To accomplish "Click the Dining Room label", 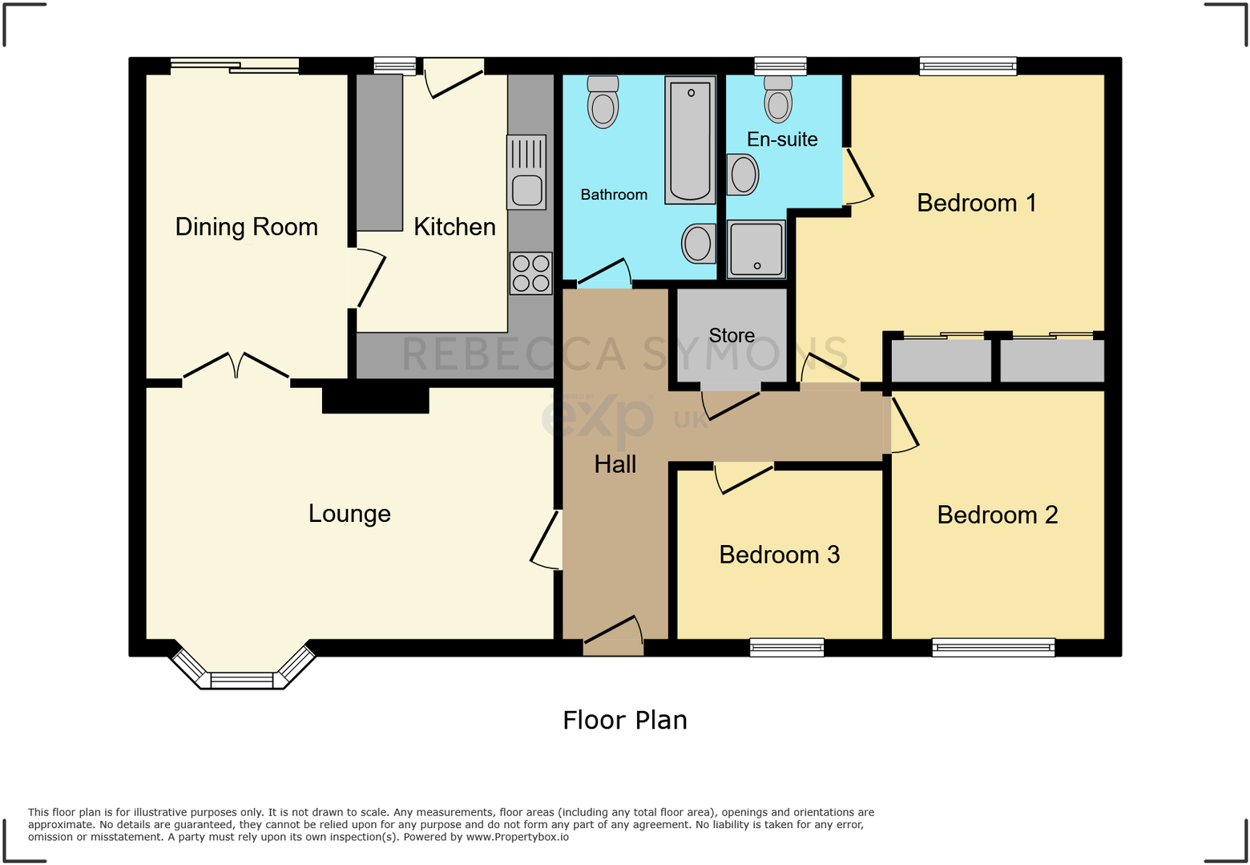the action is point(247,227).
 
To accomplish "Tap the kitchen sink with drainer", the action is point(526,172).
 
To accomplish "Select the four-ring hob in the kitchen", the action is point(530,273).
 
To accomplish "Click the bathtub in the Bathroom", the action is point(690,140).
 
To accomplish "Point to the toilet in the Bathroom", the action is point(603,102).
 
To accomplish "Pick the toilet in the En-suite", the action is point(778,99).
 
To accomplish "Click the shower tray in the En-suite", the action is point(756,249).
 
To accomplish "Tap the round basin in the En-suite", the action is point(743,174).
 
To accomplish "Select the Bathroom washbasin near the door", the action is point(699,244).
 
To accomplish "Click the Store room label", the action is point(732,335).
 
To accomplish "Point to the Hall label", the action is point(615,464).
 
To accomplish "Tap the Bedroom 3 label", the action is point(779,555).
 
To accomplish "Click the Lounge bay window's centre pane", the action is point(242,681).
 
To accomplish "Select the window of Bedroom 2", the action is point(994,648).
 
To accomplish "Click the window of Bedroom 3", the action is point(787,648).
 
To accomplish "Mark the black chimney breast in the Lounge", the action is point(376,400).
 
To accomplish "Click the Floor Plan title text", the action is point(625,720).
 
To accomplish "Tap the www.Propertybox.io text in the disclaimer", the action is point(518,837).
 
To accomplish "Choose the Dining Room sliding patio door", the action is point(235,67).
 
